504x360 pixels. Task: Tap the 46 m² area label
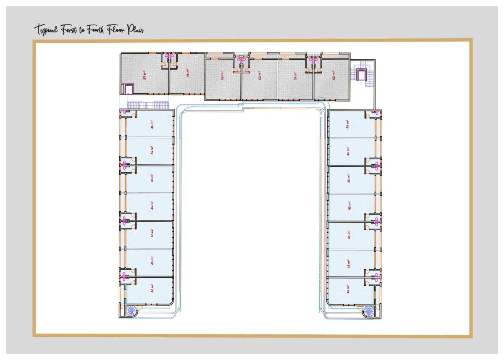pyautogui.click(x=188, y=73)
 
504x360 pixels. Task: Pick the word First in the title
pyautogui.click(x=68, y=30)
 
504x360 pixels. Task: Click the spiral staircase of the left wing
pyautogui.click(x=131, y=311)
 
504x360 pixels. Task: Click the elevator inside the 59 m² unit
pyautogui.click(x=127, y=89)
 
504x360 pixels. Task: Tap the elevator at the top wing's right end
pyautogui.click(x=362, y=75)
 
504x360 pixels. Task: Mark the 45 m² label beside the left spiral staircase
pyautogui.click(x=152, y=288)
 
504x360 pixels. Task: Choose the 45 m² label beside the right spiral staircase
pyautogui.click(x=348, y=289)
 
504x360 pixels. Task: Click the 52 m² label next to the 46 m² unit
pyautogui.click(x=222, y=76)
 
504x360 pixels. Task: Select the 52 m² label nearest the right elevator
pyautogui.click(x=334, y=76)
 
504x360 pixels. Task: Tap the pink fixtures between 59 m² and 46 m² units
pyautogui.click(x=170, y=55)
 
